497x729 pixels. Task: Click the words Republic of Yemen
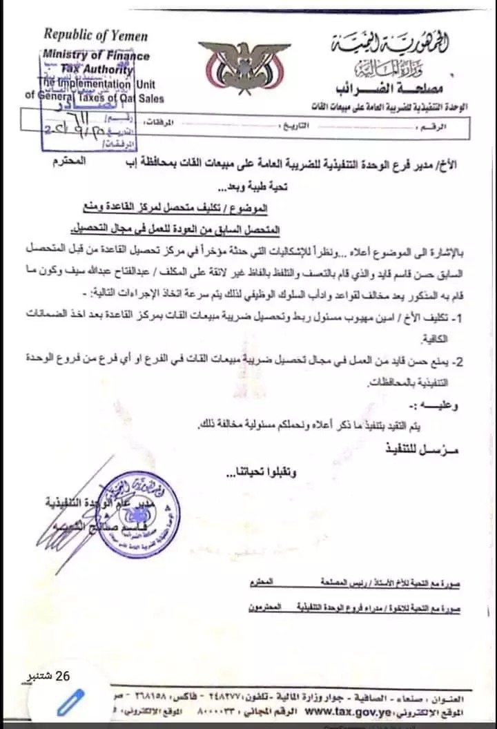pos(96,35)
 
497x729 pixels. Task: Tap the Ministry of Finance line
pos(97,55)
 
